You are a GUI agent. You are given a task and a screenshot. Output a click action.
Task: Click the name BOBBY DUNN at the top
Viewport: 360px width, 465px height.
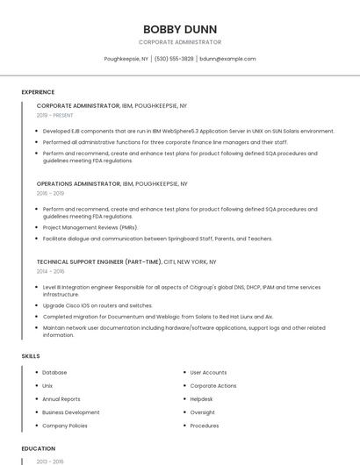pyautogui.click(x=179, y=29)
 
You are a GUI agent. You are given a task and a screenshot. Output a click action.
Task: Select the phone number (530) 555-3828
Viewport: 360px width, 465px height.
pyautogui.click(x=175, y=59)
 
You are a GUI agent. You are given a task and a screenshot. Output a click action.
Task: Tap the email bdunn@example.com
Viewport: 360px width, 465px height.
pyautogui.click(x=227, y=59)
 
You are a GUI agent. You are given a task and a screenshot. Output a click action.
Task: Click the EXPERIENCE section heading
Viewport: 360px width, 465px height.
pyautogui.click(x=38, y=92)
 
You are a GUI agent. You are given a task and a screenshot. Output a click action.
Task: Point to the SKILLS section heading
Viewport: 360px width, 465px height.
pyautogui.click(x=31, y=356)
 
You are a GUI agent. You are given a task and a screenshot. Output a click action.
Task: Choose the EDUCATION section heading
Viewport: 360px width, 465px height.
pyautogui.click(x=38, y=448)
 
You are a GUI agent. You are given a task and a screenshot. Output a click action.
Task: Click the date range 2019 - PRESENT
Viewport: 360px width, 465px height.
pyautogui.click(x=55, y=115)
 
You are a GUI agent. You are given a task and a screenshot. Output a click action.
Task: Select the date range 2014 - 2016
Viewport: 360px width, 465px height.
pyautogui.click(x=50, y=271)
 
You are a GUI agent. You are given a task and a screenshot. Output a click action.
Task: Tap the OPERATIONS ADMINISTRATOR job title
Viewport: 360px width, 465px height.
pyautogui.click(x=78, y=184)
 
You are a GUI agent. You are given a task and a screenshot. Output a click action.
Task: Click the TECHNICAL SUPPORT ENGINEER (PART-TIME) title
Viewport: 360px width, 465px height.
pyautogui.click(x=99, y=261)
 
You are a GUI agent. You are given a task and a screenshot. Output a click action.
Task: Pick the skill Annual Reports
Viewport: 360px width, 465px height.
pyautogui.click(x=61, y=399)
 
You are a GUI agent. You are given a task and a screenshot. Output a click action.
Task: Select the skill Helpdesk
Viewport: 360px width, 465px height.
pyautogui.click(x=202, y=399)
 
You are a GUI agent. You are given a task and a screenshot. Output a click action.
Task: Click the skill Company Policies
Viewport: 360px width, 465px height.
pyautogui.click(x=65, y=426)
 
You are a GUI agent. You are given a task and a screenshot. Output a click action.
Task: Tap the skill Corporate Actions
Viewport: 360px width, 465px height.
pyautogui.click(x=213, y=386)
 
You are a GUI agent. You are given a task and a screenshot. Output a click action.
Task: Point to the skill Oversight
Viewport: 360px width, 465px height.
pyautogui.click(x=202, y=412)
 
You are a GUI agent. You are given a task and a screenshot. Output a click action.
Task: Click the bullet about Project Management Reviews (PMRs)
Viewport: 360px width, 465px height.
pyautogui.click(x=90, y=227)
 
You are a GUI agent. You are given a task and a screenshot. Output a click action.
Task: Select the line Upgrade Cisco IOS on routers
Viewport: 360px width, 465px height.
pyautogui.click(x=97, y=305)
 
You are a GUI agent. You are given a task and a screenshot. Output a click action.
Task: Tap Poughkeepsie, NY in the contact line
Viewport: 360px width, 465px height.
pyautogui.click(x=126, y=59)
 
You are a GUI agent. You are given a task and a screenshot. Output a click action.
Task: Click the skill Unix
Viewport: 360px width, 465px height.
pyautogui.click(x=47, y=386)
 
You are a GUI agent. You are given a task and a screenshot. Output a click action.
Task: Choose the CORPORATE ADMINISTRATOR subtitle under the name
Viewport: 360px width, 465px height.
pyautogui.click(x=179, y=42)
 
